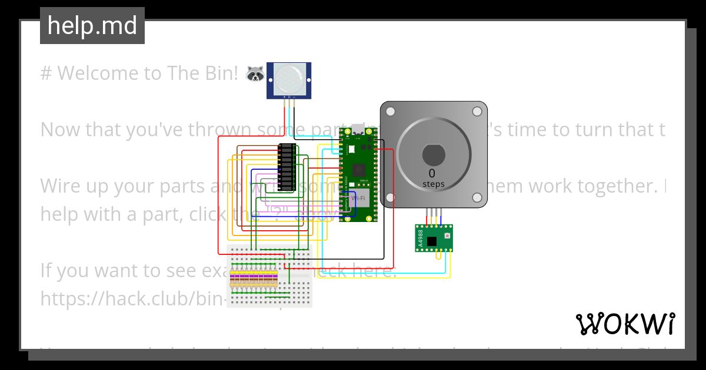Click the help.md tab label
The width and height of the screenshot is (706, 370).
click(x=92, y=26)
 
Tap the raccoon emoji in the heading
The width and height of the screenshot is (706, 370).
click(x=255, y=73)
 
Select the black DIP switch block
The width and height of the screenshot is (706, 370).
click(x=287, y=167)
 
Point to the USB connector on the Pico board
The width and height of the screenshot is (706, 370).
click(x=358, y=129)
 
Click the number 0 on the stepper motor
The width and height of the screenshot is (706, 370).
click(x=432, y=173)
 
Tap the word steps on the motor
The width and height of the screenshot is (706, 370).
click(x=434, y=184)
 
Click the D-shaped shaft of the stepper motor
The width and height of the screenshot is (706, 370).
click(x=434, y=154)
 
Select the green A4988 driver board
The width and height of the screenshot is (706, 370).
click(x=434, y=238)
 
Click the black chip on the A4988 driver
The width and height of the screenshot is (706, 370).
click(x=432, y=241)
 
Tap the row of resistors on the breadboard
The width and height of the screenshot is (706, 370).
click(x=255, y=280)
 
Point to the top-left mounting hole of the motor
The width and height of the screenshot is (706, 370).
click(x=391, y=112)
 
